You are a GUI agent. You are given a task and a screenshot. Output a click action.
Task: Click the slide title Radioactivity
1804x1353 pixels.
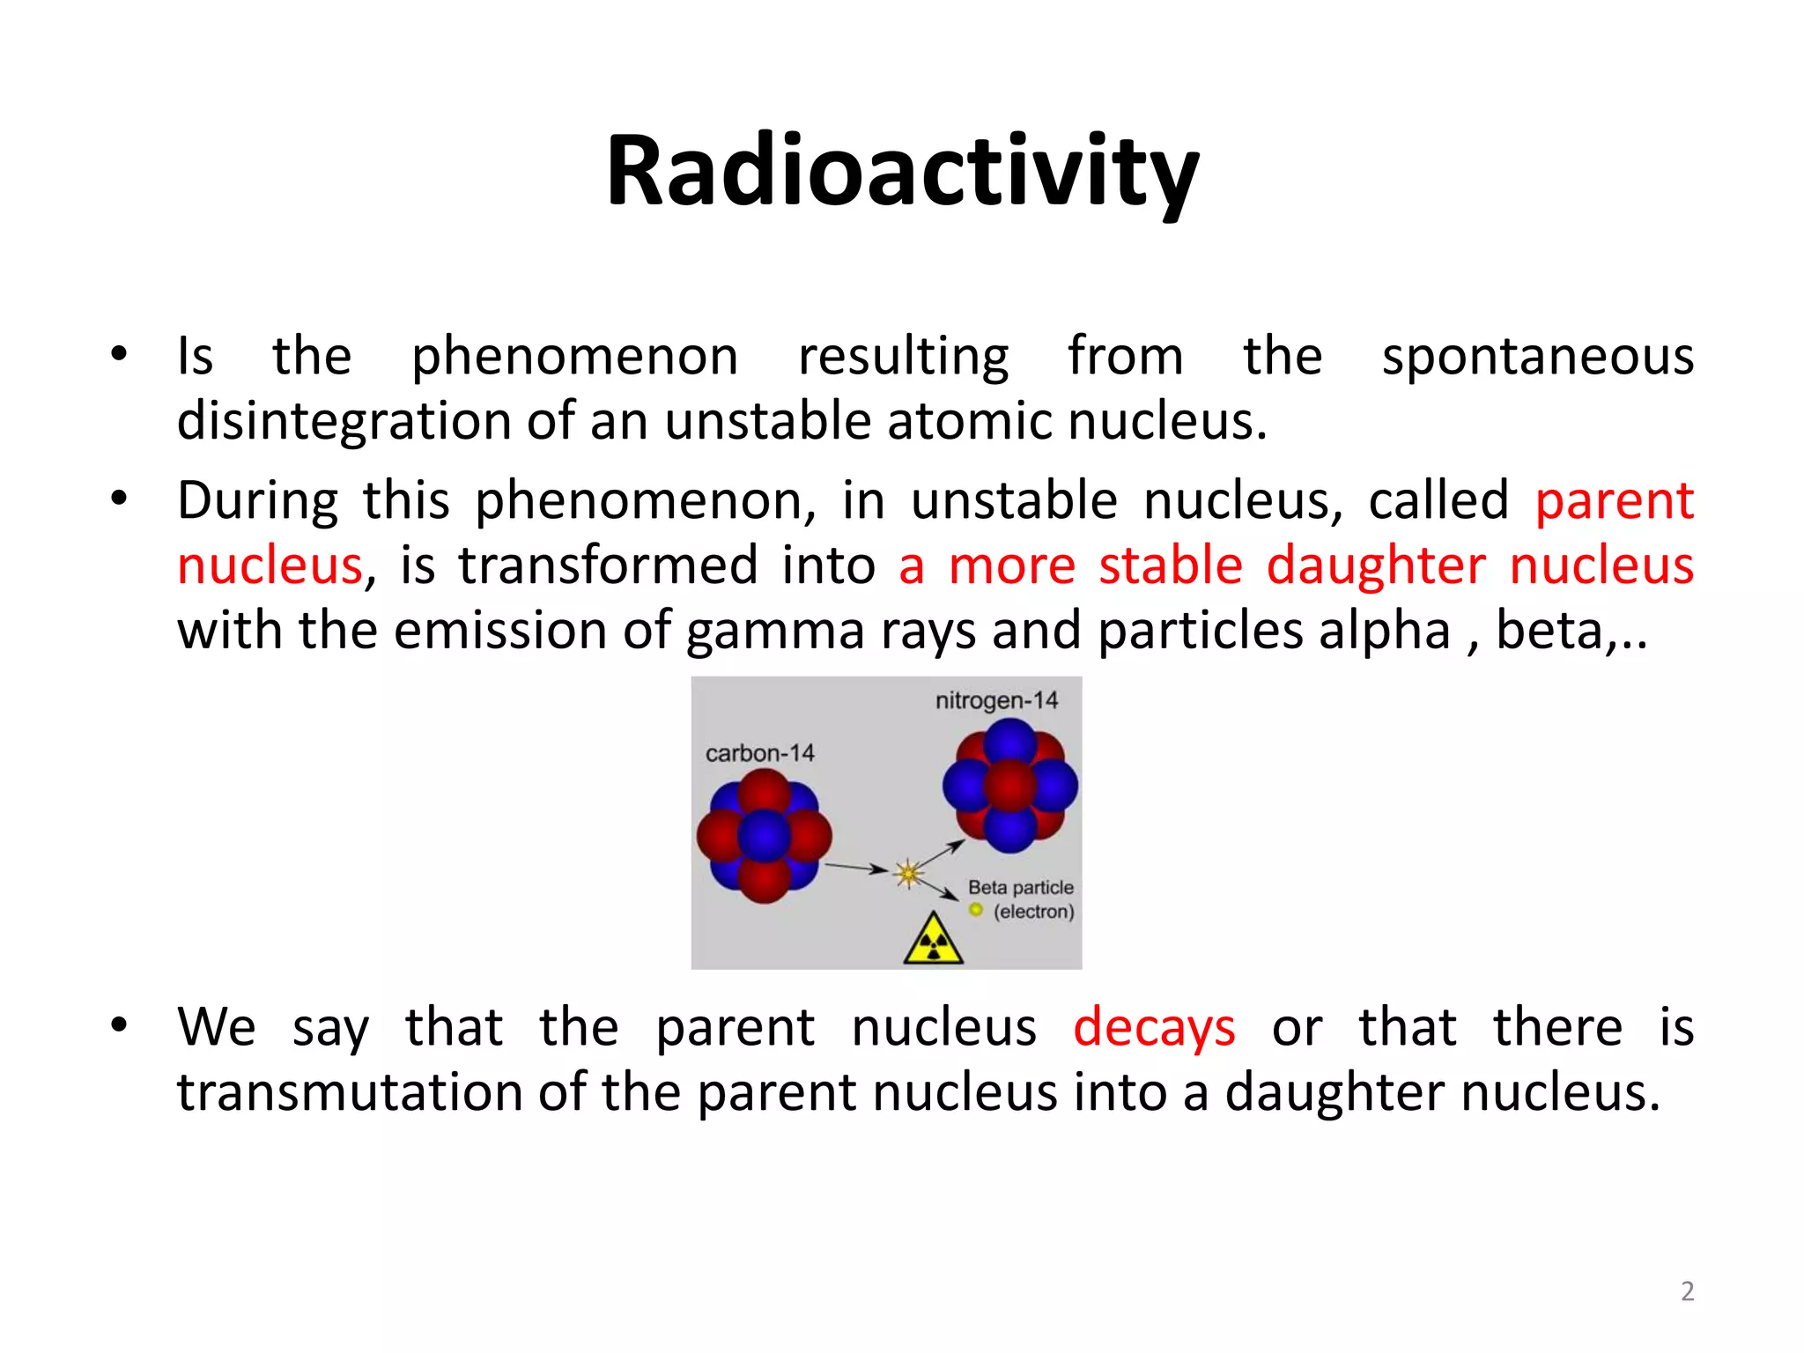(x=902, y=172)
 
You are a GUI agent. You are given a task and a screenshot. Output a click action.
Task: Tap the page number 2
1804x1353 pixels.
(x=1687, y=1290)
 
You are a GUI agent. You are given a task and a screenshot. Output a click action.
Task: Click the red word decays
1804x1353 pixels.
(x=1154, y=1028)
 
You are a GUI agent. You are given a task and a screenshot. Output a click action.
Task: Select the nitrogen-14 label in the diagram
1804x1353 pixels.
(x=996, y=700)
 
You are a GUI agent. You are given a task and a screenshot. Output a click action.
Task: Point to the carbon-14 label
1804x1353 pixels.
(x=759, y=753)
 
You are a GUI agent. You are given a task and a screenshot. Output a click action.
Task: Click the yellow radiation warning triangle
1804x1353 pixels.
(x=933, y=941)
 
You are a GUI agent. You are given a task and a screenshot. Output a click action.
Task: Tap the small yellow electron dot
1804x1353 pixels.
(x=975, y=910)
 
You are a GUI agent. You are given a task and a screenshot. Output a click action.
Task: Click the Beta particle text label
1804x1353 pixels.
(x=1020, y=887)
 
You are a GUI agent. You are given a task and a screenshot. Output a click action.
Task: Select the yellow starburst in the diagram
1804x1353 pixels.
(x=908, y=873)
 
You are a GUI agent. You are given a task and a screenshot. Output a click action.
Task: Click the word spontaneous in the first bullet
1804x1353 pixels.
(x=1537, y=357)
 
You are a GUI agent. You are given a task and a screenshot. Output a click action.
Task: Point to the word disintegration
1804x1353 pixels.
(x=344, y=421)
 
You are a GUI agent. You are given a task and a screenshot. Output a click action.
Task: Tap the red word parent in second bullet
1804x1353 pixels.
(x=1614, y=500)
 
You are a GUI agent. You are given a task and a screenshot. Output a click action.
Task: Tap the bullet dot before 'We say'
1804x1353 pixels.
(x=119, y=1024)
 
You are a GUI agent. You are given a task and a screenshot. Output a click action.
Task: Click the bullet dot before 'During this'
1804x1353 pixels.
(x=119, y=499)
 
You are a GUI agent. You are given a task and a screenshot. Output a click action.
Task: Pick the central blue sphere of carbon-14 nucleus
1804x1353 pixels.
(x=764, y=836)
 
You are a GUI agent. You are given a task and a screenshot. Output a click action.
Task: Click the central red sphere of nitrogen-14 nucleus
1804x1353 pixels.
(x=1009, y=786)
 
